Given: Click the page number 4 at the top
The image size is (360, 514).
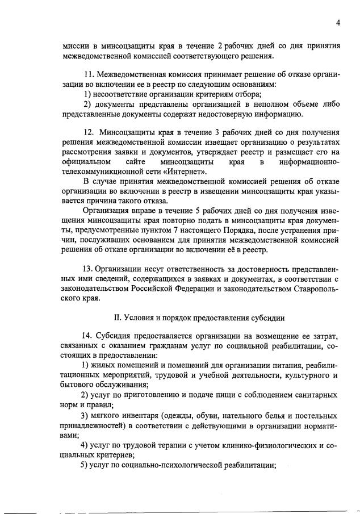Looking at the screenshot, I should click(x=338, y=23).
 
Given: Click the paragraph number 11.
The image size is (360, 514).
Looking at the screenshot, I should click(x=88, y=74).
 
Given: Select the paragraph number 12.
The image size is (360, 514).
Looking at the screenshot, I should click(x=88, y=132).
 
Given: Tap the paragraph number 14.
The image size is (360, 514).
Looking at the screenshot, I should click(x=88, y=335).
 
